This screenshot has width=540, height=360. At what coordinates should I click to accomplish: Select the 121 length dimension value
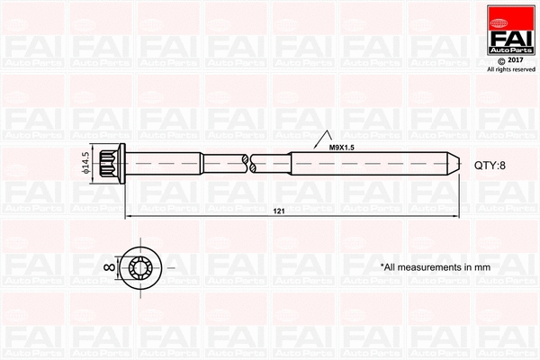tap(278, 211)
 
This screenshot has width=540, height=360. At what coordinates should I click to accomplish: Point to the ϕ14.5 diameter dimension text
tap(86, 166)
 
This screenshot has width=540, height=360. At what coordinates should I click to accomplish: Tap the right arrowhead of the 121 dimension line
tap(457, 217)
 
